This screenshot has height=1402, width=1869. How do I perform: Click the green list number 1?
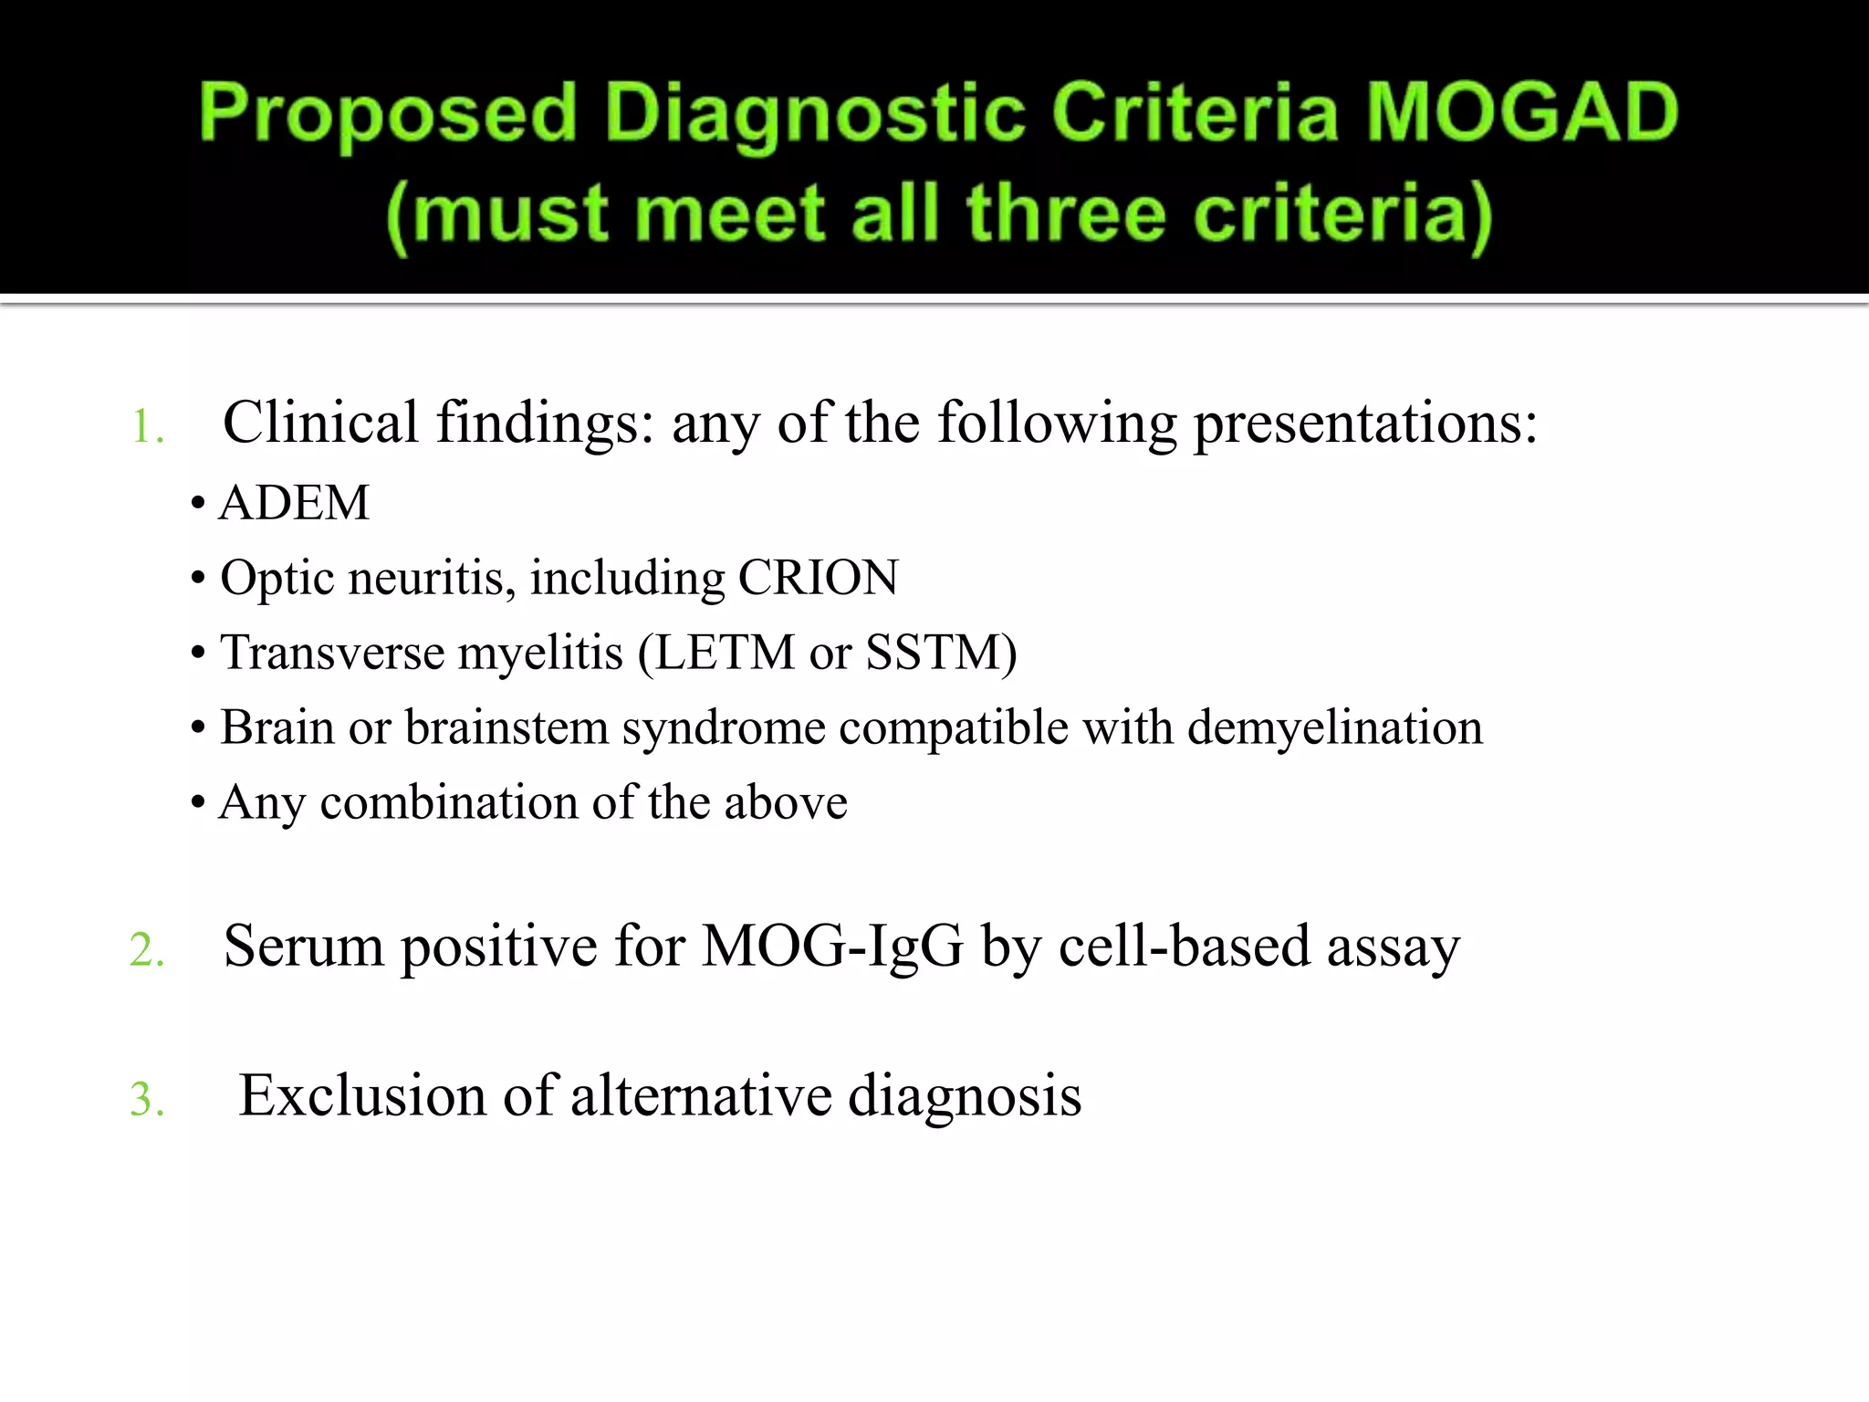(x=146, y=427)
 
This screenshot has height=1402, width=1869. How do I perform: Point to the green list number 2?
(x=146, y=950)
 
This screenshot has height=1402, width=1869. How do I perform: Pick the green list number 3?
(x=146, y=1099)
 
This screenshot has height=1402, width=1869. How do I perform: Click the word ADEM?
(x=295, y=503)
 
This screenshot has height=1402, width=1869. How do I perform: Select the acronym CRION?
(x=818, y=578)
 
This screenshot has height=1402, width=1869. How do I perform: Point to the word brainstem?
(x=506, y=727)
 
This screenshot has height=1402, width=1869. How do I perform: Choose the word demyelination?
(x=1335, y=727)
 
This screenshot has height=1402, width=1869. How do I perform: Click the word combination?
(x=448, y=803)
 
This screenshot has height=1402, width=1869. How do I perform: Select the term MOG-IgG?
(x=832, y=947)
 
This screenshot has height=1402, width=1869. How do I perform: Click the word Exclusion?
(x=361, y=1095)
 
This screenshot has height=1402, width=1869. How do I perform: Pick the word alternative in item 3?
(x=700, y=1095)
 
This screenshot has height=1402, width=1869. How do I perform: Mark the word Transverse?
(x=331, y=653)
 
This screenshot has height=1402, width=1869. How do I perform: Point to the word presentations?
(x=1365, y=425)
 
